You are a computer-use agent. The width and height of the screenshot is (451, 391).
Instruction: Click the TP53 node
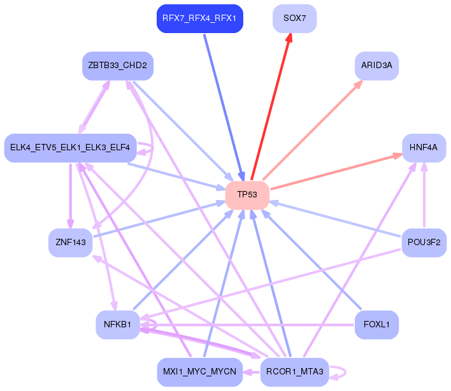point(247,194)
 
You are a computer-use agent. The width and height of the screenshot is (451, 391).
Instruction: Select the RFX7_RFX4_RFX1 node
point(199,18)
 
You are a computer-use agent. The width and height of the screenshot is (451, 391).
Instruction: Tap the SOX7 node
point(295,18)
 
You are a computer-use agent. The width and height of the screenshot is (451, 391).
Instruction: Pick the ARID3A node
point(376,66)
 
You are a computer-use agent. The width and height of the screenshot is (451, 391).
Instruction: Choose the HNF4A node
point(424,147)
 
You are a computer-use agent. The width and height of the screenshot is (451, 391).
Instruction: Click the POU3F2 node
point(424,242)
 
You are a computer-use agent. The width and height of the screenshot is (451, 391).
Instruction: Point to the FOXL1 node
point(376,325)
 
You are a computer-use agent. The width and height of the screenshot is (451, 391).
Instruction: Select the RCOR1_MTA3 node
point(295,371)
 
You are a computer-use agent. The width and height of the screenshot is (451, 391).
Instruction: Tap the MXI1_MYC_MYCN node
point(199,371)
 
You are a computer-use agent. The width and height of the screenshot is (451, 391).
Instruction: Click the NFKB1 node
point(118,325)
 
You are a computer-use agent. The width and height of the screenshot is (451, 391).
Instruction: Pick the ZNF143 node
point(71,242)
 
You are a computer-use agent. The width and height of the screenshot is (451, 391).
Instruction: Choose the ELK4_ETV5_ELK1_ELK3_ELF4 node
point(70,147)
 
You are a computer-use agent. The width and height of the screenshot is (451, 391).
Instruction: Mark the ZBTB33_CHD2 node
point(118,66)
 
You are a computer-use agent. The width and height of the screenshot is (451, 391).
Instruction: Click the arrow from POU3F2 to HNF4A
point(424,194)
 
